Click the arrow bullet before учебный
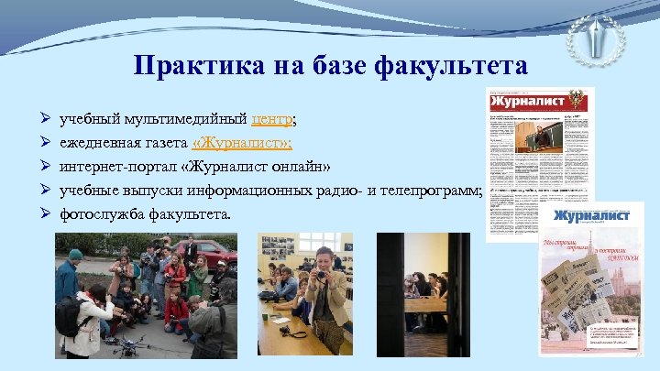[x=44, y=120]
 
